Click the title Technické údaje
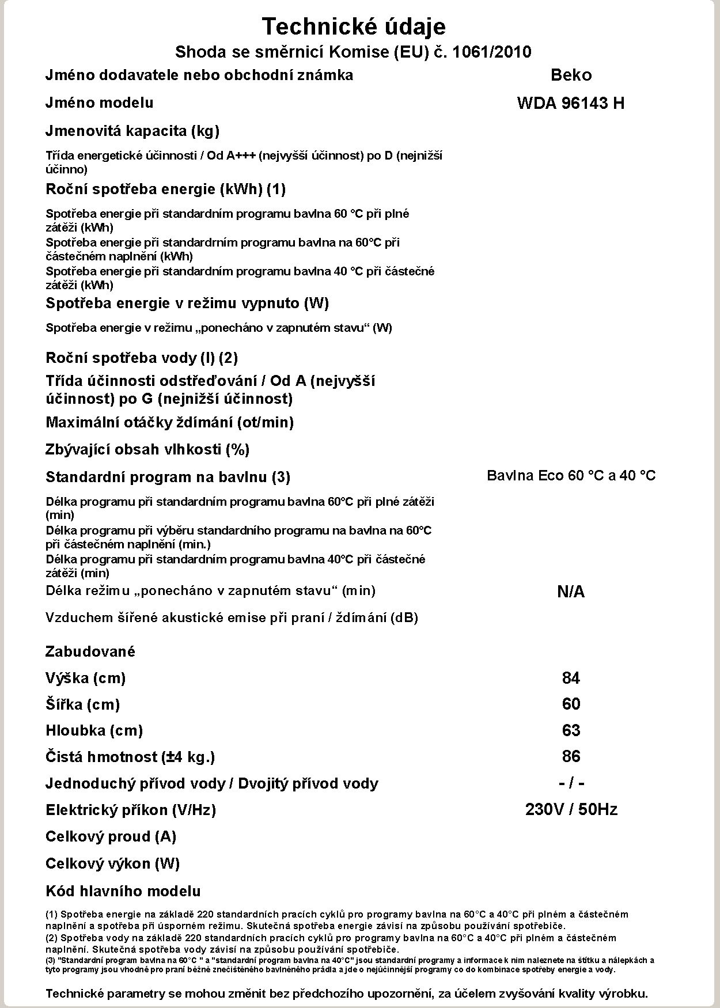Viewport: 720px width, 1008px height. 354,26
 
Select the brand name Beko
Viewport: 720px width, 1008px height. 571,75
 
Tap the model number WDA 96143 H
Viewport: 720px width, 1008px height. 571,104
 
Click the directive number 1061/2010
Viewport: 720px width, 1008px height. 492,52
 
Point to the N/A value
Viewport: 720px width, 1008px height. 571,592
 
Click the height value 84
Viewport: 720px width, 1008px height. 571,678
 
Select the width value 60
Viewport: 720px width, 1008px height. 571,704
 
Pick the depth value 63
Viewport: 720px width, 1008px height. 571,730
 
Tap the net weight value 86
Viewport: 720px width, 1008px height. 571,756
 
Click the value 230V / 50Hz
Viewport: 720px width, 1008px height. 571,810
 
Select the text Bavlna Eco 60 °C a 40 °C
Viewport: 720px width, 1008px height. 571,476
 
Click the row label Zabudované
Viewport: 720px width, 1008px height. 90,651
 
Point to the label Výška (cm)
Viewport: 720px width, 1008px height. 85,678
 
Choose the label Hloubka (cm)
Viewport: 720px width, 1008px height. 94,730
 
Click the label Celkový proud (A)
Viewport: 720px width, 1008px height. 111,836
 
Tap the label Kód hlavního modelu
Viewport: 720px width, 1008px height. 123,891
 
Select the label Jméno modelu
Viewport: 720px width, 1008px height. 99,103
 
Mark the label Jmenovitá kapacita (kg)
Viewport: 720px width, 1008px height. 132,131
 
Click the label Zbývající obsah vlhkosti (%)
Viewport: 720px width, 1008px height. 147,449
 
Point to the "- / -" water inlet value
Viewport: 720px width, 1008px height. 571,783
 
